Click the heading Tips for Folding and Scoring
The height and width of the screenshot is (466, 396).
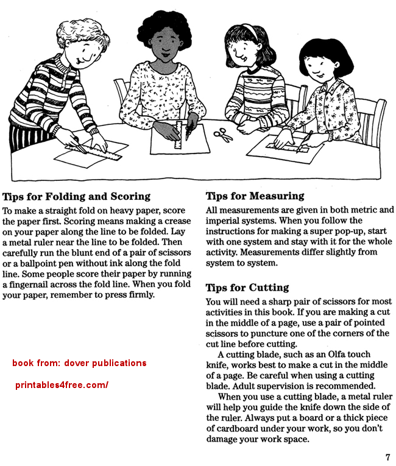[x=76, y=197]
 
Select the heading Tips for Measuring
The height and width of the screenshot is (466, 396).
[x=255, y=196]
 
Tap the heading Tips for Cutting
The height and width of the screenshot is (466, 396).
[x=247, y=288]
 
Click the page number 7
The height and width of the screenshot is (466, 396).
[x=387, y=457]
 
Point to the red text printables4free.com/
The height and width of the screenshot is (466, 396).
[x=61, y=385]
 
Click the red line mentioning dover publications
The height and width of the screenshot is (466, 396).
[x=79, y=363]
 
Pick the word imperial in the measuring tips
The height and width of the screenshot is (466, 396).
[x=223, y=221]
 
